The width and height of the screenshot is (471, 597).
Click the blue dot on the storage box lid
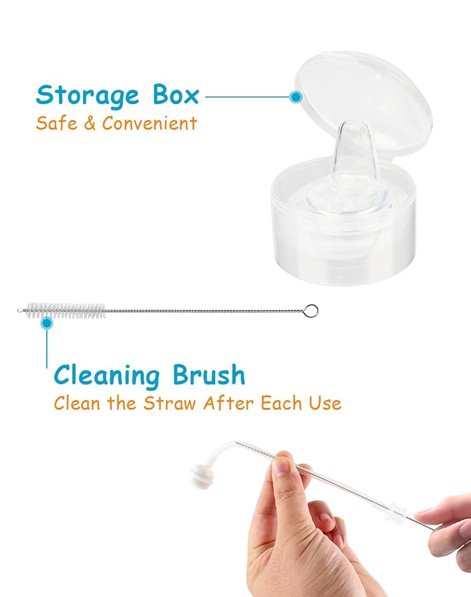(296, 98)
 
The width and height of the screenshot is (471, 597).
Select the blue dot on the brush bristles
(46, 321)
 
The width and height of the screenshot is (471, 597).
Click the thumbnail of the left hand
(281, 468)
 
